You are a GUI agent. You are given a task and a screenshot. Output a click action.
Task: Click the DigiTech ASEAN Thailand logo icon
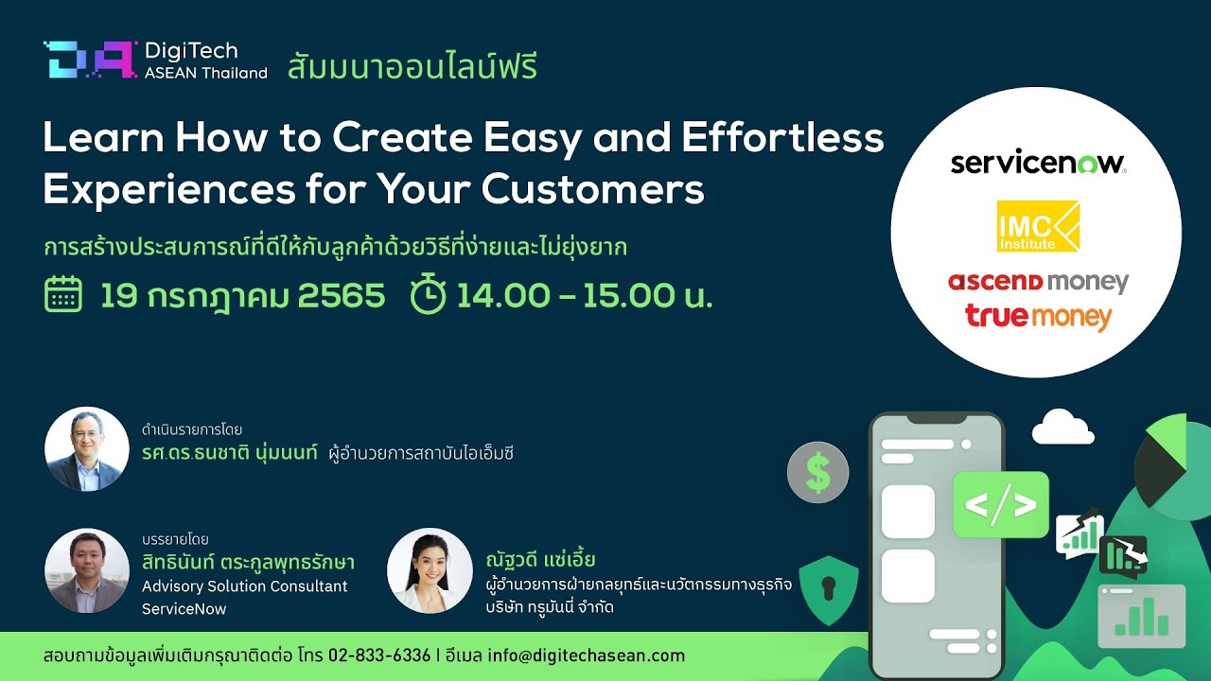coord(90,60)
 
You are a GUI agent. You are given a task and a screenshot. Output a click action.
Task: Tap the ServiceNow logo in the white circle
coord(1038,163)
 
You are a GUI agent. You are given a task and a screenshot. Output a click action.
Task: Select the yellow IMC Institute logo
coord(1038,226)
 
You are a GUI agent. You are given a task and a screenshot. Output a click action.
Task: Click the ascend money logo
coord(1038,282)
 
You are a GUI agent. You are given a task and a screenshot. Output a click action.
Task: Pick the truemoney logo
coord(1038,318)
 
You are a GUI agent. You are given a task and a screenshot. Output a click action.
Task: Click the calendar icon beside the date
coord(63,294)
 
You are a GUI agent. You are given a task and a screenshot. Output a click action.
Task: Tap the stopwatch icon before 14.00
coord(429,293)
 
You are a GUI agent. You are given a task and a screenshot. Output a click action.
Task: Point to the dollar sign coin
coord(817,472)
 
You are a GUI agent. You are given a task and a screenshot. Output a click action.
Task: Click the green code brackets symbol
coord(1000,505)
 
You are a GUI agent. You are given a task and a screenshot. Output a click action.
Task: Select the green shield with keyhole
coord(828,589)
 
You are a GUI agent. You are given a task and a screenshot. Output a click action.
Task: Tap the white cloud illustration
coord(1062,427)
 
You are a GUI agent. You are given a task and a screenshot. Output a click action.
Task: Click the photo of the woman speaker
coord(430,570)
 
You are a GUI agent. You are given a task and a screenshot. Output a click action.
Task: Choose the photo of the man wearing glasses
coord(86,449)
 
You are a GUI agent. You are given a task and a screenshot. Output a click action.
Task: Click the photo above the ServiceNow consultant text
coord(86,570)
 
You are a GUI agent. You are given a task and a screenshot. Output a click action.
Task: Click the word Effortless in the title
coord(782,137)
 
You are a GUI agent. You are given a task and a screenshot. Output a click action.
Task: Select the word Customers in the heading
coord(592,189)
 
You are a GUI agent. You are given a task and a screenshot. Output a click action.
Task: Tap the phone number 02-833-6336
coord(379,655)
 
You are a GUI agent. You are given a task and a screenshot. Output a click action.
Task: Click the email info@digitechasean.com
coord(586,655)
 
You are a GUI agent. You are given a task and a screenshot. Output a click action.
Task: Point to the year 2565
coord(342,295)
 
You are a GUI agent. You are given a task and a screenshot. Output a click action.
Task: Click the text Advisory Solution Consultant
coord(244,586)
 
